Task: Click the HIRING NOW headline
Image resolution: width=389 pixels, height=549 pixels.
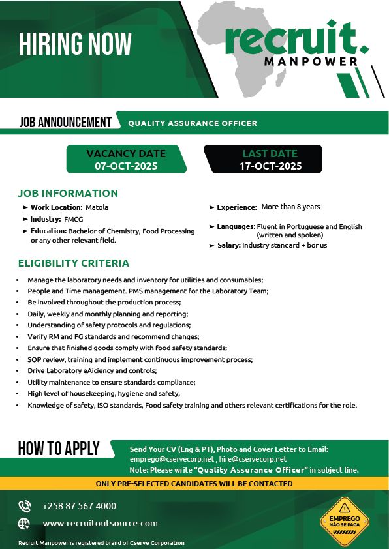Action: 75,44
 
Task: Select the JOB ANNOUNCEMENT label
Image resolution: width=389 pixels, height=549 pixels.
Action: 65,122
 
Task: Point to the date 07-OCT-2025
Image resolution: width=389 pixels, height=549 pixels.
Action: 126,166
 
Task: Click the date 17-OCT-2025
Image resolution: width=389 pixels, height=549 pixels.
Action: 270,166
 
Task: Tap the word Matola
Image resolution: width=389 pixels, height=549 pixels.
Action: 97,207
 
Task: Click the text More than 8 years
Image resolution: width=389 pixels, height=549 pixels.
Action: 290,207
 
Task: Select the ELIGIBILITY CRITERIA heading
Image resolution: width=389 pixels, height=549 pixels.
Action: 74,263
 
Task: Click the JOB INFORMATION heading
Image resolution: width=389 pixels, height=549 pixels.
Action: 68,193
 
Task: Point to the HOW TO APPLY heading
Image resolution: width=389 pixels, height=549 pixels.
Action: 59,448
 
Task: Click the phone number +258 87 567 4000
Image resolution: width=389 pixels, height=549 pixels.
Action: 79,506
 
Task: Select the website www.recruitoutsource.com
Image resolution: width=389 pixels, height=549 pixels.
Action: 100,523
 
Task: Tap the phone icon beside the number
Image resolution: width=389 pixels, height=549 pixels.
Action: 25,506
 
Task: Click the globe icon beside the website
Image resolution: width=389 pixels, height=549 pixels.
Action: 25,523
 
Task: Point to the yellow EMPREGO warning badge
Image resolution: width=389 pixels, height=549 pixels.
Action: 345,520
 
